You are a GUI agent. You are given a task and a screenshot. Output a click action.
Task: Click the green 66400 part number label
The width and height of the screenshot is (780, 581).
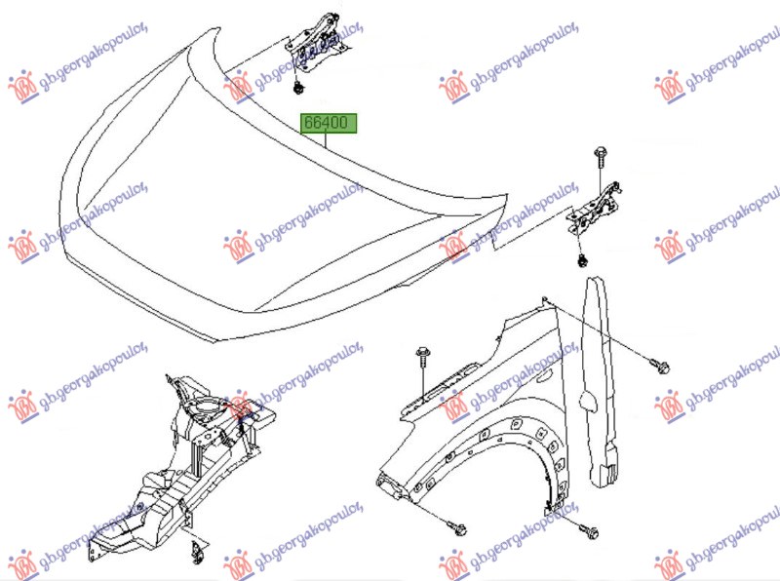pos(329,123)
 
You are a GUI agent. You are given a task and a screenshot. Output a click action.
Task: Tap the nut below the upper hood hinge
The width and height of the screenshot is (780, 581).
pos(299,89)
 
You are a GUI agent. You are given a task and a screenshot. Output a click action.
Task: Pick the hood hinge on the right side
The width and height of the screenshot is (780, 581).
pos(594,209)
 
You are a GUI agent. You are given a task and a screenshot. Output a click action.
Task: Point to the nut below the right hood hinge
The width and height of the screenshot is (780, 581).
pos(581,260)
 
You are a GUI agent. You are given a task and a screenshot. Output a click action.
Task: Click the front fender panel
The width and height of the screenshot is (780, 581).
pos(478,413)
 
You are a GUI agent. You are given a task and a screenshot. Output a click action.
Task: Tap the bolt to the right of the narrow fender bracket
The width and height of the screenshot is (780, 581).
pos(661,367)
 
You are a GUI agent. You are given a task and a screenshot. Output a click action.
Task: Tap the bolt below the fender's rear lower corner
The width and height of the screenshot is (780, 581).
pos(589,531)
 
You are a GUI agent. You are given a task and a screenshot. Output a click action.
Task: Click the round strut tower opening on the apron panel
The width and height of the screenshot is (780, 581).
pos(204,407)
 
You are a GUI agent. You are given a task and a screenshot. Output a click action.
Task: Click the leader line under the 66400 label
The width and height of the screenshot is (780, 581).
pos(326,140)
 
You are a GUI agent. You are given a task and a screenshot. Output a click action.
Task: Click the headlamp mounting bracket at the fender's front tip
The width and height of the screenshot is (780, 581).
pos(390,485)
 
